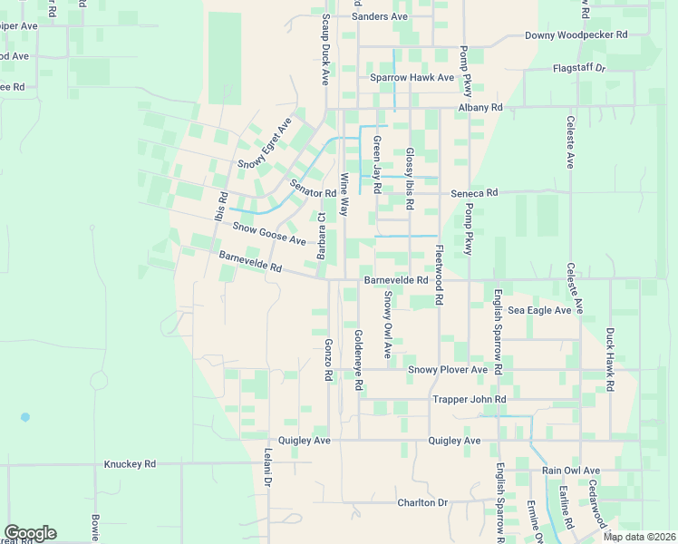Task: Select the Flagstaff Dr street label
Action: pyautogui.click(x=579, y=68)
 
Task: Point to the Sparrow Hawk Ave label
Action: pyautogui.click(x=412, y=77)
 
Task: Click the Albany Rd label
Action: pyautogui.click(x=480, y=107)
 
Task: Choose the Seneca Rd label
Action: pyautogui.click(x=475, y=193)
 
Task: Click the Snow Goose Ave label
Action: pyautogui.click(x=268, y=233)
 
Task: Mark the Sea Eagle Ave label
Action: pyautogui.click(x=539, y=310)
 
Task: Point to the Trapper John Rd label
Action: pyautogui.click(x=469, y=399)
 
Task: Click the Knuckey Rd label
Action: pyautogui.click(x=131, y=463)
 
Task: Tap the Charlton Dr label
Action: pyautogui.click(x=422, y=502)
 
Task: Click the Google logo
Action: pyautogui.click(x=30, y=533)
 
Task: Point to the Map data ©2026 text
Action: pyautogui.click(x=639, y=537)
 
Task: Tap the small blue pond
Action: pyautogui.click(x=25, y=417)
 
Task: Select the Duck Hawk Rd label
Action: pyautogui.click(x=611, y=360)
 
